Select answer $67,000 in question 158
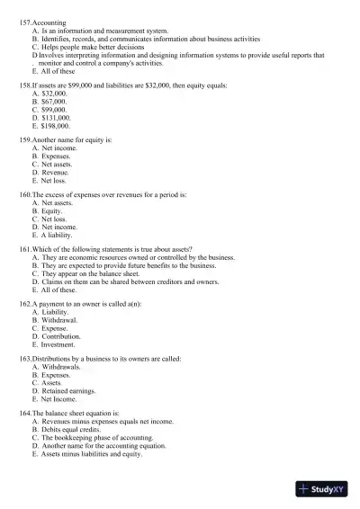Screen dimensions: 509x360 click(x=55, y=101)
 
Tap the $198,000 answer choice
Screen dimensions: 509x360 click(x=57, y=126)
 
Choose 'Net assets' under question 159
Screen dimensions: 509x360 click(x=58, y=165)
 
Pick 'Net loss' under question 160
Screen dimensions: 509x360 click(x=55, y=219)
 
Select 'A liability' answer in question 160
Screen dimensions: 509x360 click(x=59, y=236)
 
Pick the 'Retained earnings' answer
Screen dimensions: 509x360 click(x=68, y=392)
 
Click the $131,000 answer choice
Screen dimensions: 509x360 click(x=57, y=118)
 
